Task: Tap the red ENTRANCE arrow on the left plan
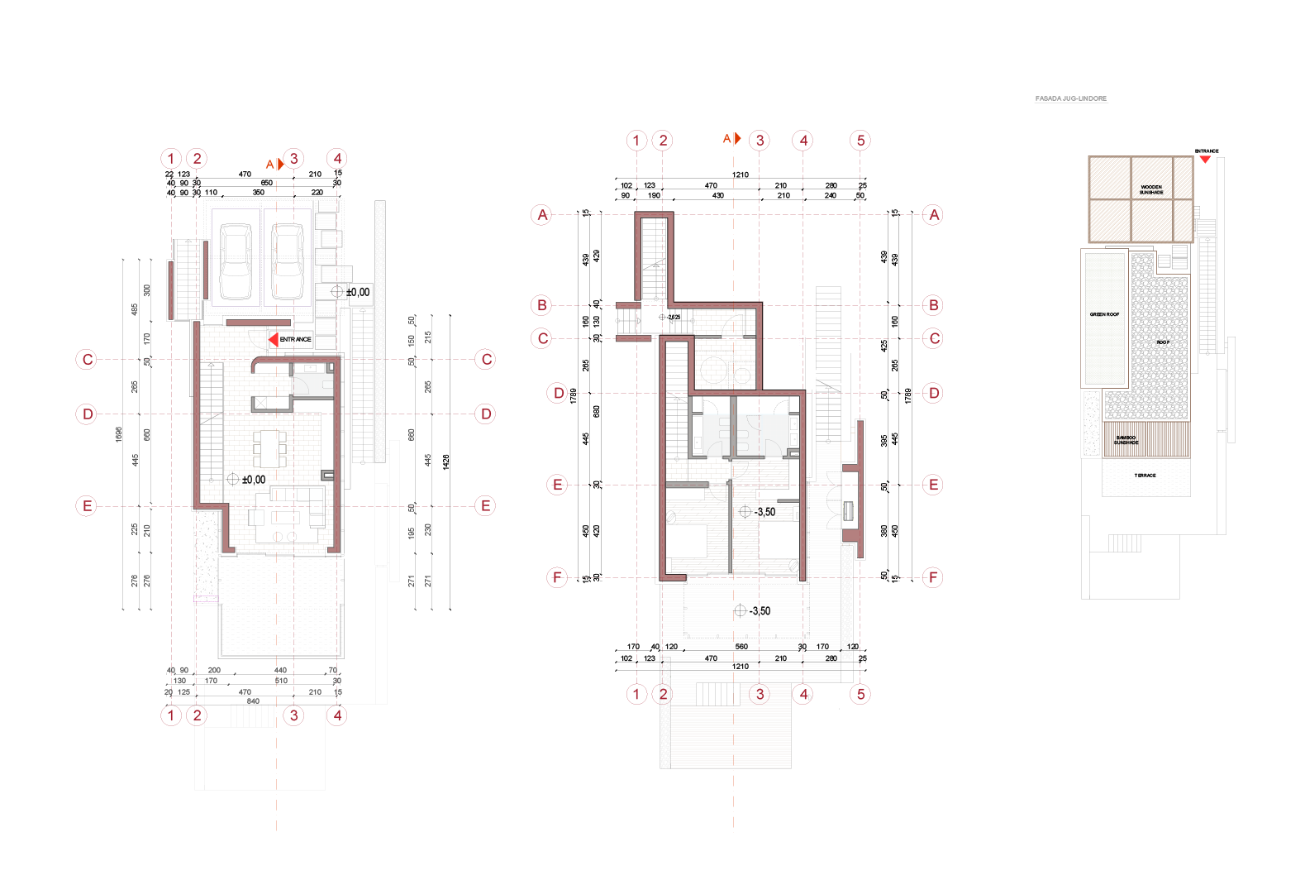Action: coord(274,339)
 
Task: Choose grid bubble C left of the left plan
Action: coord(87,359)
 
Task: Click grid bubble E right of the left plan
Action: coord(486,505)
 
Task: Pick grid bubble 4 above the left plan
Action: coord(336,158)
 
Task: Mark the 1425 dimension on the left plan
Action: coord(446,462)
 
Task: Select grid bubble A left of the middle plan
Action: coord(542,215)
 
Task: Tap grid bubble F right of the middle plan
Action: coord(933,577)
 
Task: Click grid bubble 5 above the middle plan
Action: coord(860,140)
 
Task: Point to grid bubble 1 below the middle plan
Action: coord(636,694)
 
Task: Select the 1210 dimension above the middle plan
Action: coord(741,175)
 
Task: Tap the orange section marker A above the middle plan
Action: coord(731,139)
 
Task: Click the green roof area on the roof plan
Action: coord(1105,318)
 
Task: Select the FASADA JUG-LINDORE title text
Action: coord(1070,98)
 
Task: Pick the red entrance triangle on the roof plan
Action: coord(1206,158)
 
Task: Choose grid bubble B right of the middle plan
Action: coord(933,305)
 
